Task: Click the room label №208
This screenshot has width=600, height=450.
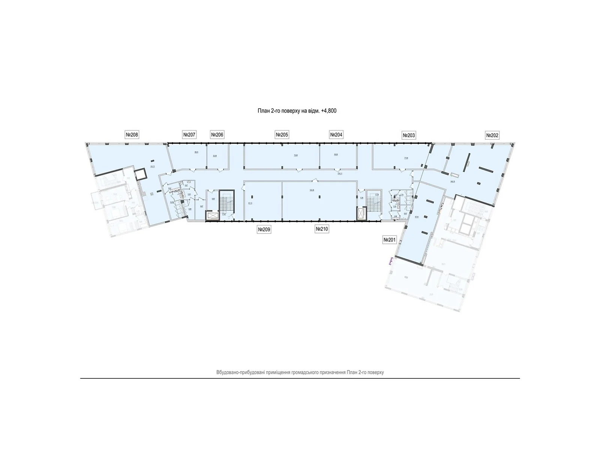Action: point(132,135)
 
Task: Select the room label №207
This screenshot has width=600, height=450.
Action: point(189,135)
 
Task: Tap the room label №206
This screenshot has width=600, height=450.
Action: point(217,135)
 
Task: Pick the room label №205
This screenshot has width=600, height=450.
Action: point(282,135)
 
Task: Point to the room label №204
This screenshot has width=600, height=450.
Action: point(336,135)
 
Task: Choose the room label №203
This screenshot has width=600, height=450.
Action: point(409,135)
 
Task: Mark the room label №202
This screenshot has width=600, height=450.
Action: point(492,135)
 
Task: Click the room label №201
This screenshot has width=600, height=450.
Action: point(390,240)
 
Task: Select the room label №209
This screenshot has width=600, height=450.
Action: point(264,229)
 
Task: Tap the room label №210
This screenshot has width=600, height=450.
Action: point(322,229)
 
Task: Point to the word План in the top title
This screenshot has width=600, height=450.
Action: point(263,111)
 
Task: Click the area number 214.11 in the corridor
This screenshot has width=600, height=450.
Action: point(340,174)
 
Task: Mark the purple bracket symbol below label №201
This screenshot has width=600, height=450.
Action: point(391,260)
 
